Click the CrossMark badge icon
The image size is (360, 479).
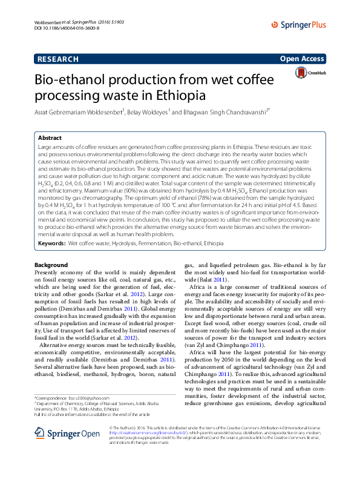click(x=302, y=73)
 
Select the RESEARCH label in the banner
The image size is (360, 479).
click(x=57, y=59)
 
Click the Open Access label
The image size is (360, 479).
click(x=302, y=59)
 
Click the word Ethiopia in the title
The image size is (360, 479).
click(x=180, y=96)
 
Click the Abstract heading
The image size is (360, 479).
click(x=50, y=138)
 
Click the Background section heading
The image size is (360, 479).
click(x=51, y=265)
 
